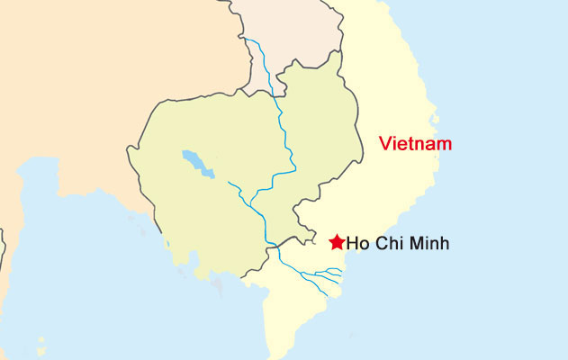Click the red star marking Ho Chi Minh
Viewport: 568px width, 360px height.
(337, 241)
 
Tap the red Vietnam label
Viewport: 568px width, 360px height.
(414, 143)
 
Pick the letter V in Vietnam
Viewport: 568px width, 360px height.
(384, 143)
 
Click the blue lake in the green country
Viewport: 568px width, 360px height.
(197, 164)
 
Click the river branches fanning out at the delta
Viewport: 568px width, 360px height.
(329, 274)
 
